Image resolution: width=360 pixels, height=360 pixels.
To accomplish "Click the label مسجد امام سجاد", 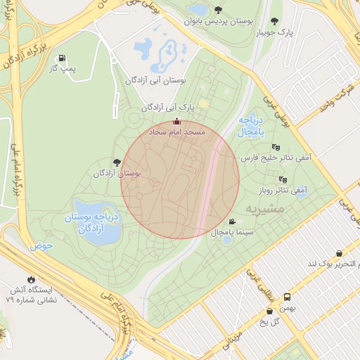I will pyautogui.click(x=176, y=132).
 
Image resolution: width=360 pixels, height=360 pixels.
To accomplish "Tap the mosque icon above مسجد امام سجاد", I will pyautogui.click(x=176, y=122).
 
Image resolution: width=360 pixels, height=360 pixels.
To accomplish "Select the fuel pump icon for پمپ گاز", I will pyautogui.click(x=63, y=58).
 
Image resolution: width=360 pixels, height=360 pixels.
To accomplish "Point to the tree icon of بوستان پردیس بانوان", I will pyautogui.click(x=219, y=11).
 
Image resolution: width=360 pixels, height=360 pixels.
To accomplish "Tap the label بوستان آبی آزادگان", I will pyautogui.click(x=155, y=82).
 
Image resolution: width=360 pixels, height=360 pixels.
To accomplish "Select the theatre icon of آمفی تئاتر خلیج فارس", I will pyautogui.click(x=275, y=147).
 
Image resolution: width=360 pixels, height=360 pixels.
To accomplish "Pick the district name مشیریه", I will pyautogui.click(x=265, y=210).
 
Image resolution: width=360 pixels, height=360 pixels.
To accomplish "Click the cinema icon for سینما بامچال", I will pyautogui.click(x=232, y=221).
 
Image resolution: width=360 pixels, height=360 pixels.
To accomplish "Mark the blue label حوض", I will pyautogui.click(x=41, y=247).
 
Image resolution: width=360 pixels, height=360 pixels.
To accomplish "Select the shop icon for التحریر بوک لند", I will pyautogui.click(x=340, y=253).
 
